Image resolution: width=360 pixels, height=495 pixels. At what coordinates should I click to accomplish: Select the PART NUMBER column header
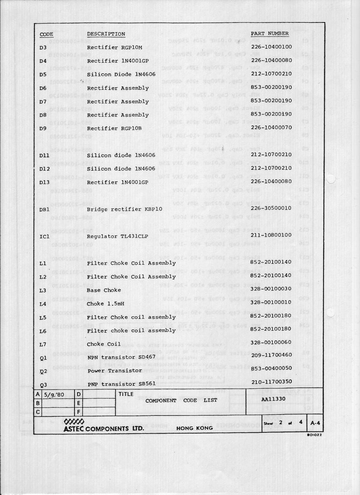(270, 33)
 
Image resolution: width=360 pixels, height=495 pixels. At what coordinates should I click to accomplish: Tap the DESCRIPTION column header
(106, 34)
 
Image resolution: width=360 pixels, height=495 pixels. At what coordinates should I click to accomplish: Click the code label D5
(43, 75)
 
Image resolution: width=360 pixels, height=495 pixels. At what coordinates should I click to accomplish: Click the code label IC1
(45, 236)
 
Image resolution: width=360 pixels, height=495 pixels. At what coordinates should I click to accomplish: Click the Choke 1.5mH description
(105, 304)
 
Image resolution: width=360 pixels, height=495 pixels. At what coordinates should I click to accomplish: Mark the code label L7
(43, 344)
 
